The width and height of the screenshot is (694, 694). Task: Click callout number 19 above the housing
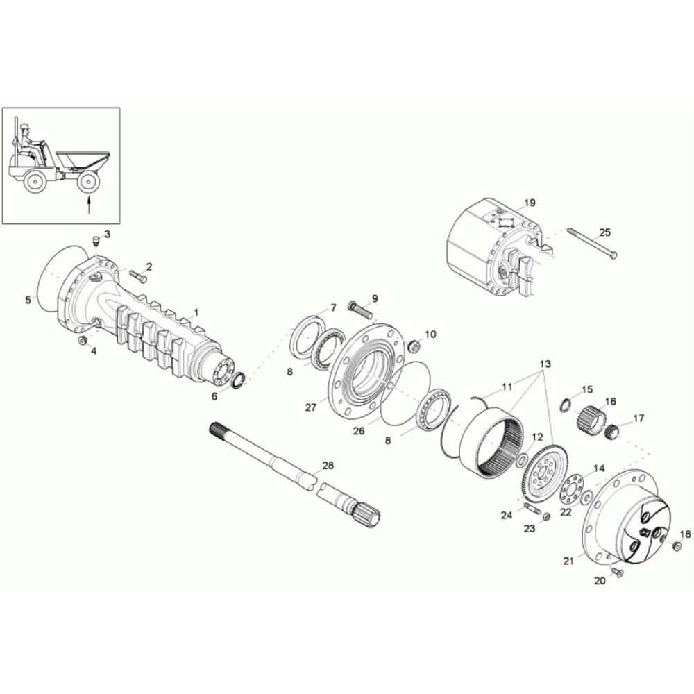pyautogui.click(x=530, y=203)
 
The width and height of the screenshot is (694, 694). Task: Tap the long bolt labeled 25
pyautogui.click(x=591, y=243)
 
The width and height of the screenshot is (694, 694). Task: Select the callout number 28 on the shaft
pyautogui.click(x=328, y=466)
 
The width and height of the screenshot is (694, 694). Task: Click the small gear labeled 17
pyautogui.click(x=611, y=430)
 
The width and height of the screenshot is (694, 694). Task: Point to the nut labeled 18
pyautogui.click(x=676, y=547)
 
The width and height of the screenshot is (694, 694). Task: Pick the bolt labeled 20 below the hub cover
pyautogui.click(x=616, y=573)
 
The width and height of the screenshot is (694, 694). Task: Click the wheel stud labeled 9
pyautogui.click(x=361, y=309)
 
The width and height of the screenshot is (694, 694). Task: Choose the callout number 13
pyautogui.click(x=545, y=364)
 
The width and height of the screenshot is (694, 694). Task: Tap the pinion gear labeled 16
pyautogui.click(x=591, y=418)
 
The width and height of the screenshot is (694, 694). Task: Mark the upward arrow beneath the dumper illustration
pyautogui.click(x=89, y=205)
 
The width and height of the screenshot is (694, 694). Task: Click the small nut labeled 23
pyautogui.click(x=545, y=516)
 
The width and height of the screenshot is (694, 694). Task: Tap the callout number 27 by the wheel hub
pyautogui.click(x=311, y=407)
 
